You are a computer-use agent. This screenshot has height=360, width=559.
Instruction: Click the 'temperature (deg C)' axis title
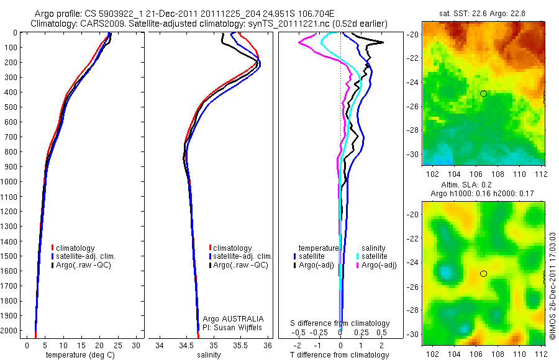78,355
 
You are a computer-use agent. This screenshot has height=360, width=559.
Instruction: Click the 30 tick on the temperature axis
137,344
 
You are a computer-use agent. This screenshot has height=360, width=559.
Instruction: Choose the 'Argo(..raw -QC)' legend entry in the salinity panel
240,265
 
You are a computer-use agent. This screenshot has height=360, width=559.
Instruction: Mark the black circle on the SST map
483,94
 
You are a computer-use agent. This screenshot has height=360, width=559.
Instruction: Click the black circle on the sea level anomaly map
483,273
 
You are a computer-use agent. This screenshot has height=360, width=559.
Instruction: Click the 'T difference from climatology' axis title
340,355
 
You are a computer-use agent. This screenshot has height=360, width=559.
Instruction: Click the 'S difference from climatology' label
340,323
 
